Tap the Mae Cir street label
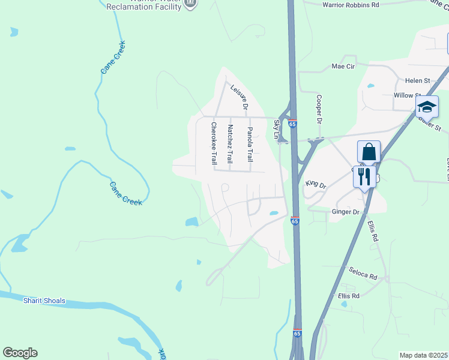[x=344, y=67]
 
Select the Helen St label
[x=418, y=80]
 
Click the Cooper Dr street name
[x=319, y=109]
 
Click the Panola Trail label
[x=250, y=145]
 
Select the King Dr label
[x=315, y=183]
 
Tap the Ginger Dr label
[x=345, y=212]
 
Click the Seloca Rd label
[x=365, y=277]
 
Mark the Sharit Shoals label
[x=44, y=301]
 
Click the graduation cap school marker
[x=427, y=107]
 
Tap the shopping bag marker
[x=369, y=152]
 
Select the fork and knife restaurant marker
[x=364, y=176]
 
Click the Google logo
[x=20, y=353]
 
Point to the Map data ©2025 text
[x=423, y=355]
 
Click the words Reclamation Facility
[x=143, y=7]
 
